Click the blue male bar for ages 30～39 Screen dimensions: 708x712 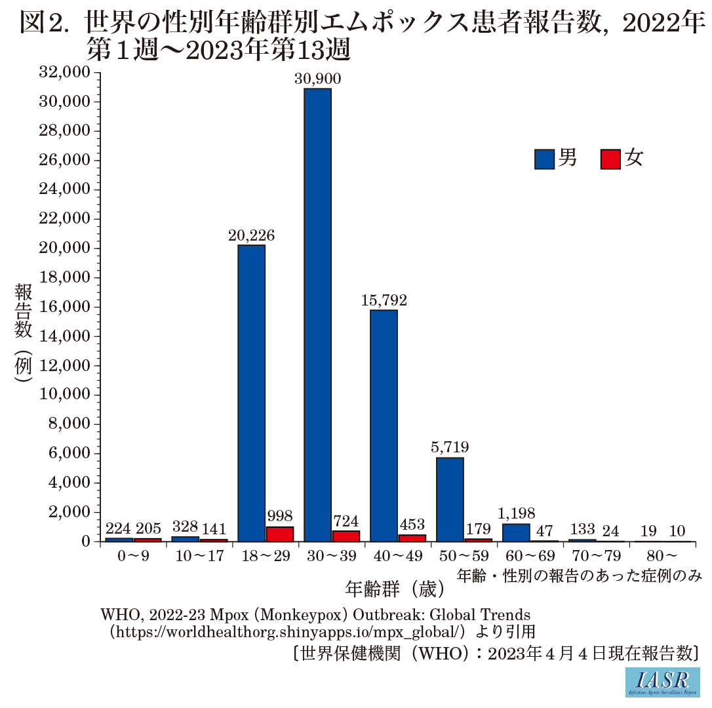click(x=317, y=315)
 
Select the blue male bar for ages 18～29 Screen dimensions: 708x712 click(x=251, y=393)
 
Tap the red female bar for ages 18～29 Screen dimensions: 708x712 click(x=279, y=534)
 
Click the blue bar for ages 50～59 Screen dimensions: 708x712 click(x=450, y=499)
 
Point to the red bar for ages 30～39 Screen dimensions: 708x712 click(x=346, y=536)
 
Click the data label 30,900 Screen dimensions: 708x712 click(x=318, y=79)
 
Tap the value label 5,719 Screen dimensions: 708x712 click(x=450, y=448)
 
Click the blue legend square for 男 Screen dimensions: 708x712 click(x=544, y=159)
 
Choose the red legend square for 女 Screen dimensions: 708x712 click(x=610, y=159)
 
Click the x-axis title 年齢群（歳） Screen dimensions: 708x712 click(x=396, y=588)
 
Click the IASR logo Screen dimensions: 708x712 click(x=662, y=682)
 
